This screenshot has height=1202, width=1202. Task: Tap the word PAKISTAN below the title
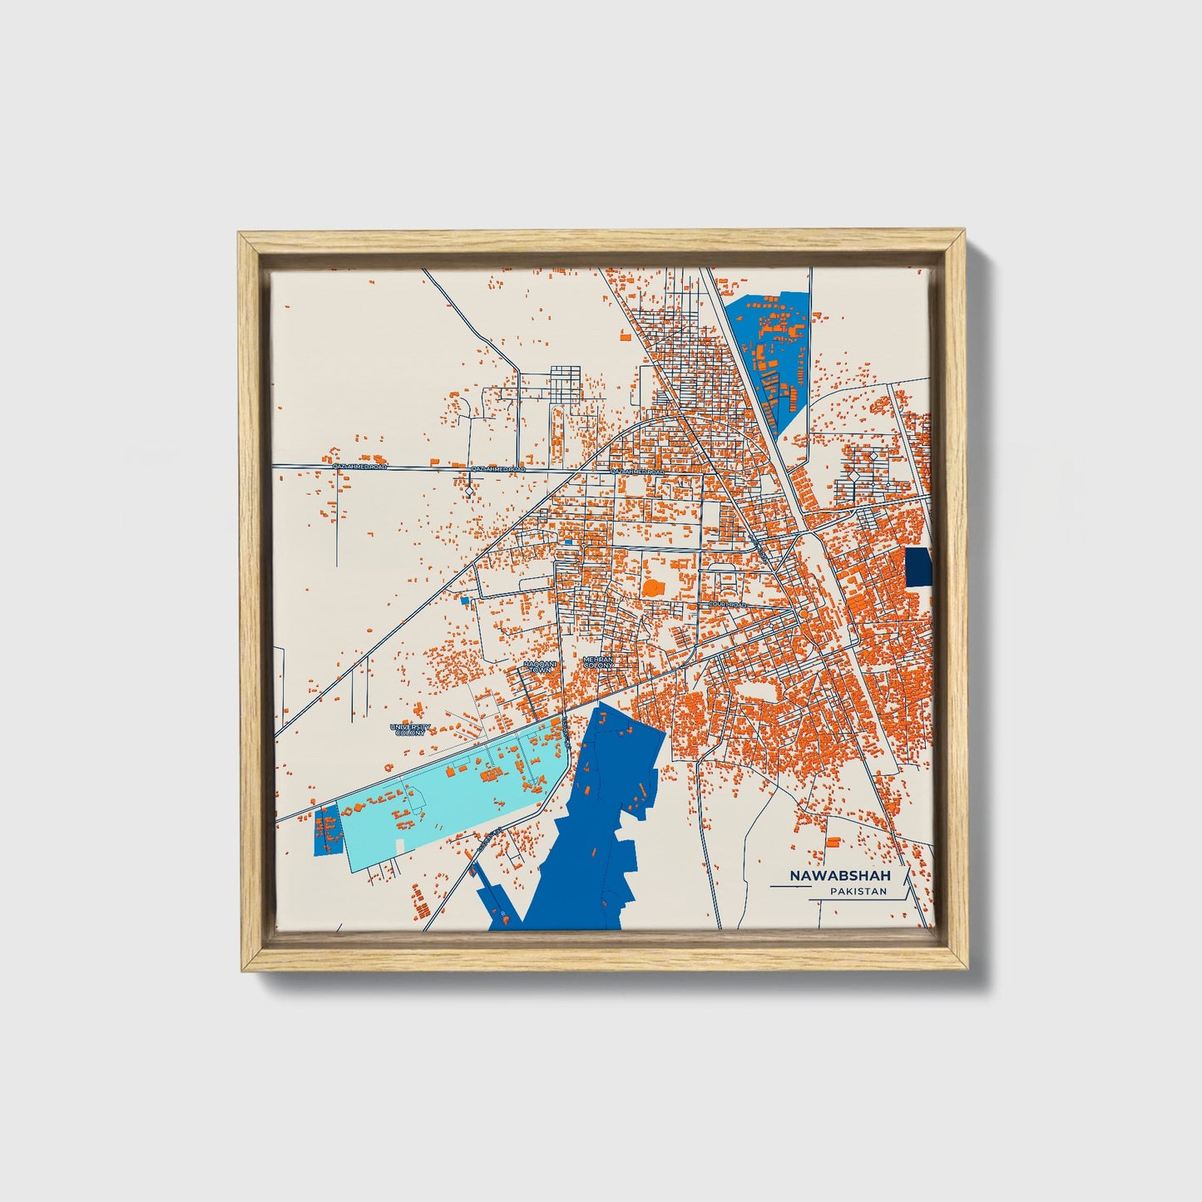pyautogui.click(x=858, y=892)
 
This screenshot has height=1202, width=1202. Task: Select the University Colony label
pyautogui.click(x=411, y=730)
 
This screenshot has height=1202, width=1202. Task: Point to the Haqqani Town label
pyautogui.click(x=540, y=666)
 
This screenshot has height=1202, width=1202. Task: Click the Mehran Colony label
pyautogui.click(x=598, y=662)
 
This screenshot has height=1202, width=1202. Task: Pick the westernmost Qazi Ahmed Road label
pyautogui.click(x=360, y=467)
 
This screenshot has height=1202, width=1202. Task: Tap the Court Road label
pyautogui.click(x=727, y=605)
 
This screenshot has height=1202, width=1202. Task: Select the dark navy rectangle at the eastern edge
pyautogui.click(x=918, y=567)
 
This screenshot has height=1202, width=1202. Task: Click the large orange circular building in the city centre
pyautogui.click(x=654, y=588)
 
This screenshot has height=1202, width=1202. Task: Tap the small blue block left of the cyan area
pyautogui.click(x=327, y=830)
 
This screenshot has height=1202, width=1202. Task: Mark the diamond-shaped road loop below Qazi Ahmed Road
pyautogui.click(x=470, y=492)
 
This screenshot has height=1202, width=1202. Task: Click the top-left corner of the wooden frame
pyautogui.click(x=240, y=235)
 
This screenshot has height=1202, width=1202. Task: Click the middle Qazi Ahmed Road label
pyautogui.click(x=498, y=470)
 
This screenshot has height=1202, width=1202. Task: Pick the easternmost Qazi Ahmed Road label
pyautogui.click(x=638, y=472)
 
